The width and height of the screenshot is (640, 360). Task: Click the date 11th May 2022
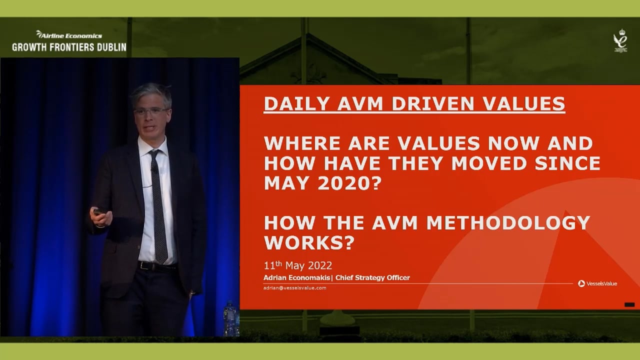(x=297, y=265)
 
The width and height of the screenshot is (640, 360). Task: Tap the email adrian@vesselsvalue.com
(x=295, y=288)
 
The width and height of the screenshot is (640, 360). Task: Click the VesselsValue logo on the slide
(x=597, y=283)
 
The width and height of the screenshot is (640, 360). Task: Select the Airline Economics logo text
(x=69, y=35)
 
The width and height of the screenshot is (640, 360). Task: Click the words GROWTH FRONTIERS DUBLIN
(x=69, y=47)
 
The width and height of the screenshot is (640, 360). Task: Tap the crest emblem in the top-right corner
(x=620, y=40)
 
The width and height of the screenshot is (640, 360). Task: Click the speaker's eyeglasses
(x=150, y=111)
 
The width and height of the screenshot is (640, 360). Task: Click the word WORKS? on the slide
(x=309, y=243)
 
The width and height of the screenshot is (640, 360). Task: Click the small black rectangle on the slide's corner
(x=629, y=304)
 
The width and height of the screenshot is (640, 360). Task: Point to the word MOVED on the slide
(x=481, y=163)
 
